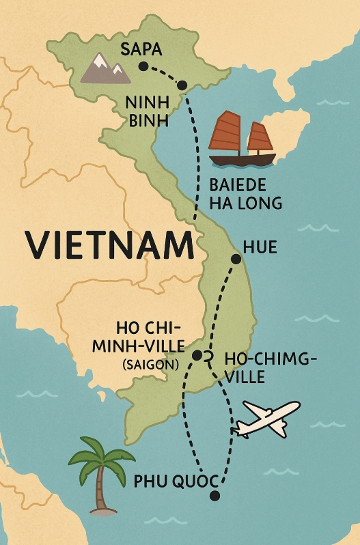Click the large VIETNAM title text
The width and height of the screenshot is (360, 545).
click(x=109, y=244)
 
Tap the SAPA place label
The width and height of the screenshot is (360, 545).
click(x=141, y=49)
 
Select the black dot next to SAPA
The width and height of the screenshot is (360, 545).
click(x=143, y=66)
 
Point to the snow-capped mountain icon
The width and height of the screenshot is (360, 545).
click(x=105, y=68)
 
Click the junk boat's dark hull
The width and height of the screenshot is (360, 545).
click(x=242, y=160)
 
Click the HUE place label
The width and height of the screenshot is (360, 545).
click(x=260, y=247)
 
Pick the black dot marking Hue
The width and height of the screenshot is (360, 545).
click(x=236, y=259)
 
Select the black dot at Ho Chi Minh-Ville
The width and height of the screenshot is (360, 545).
click(x=197, y=355)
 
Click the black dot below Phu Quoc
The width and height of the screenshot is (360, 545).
click(x=215, y=497)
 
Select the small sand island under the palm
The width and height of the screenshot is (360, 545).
click(x=101, y=508)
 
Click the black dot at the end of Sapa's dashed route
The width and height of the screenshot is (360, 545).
click(x=182, y=85)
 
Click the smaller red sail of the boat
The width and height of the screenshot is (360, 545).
click(x=260, y=138)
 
